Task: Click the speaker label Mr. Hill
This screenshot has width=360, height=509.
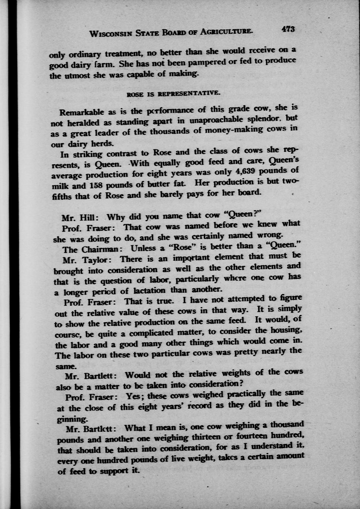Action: [79, 217]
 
